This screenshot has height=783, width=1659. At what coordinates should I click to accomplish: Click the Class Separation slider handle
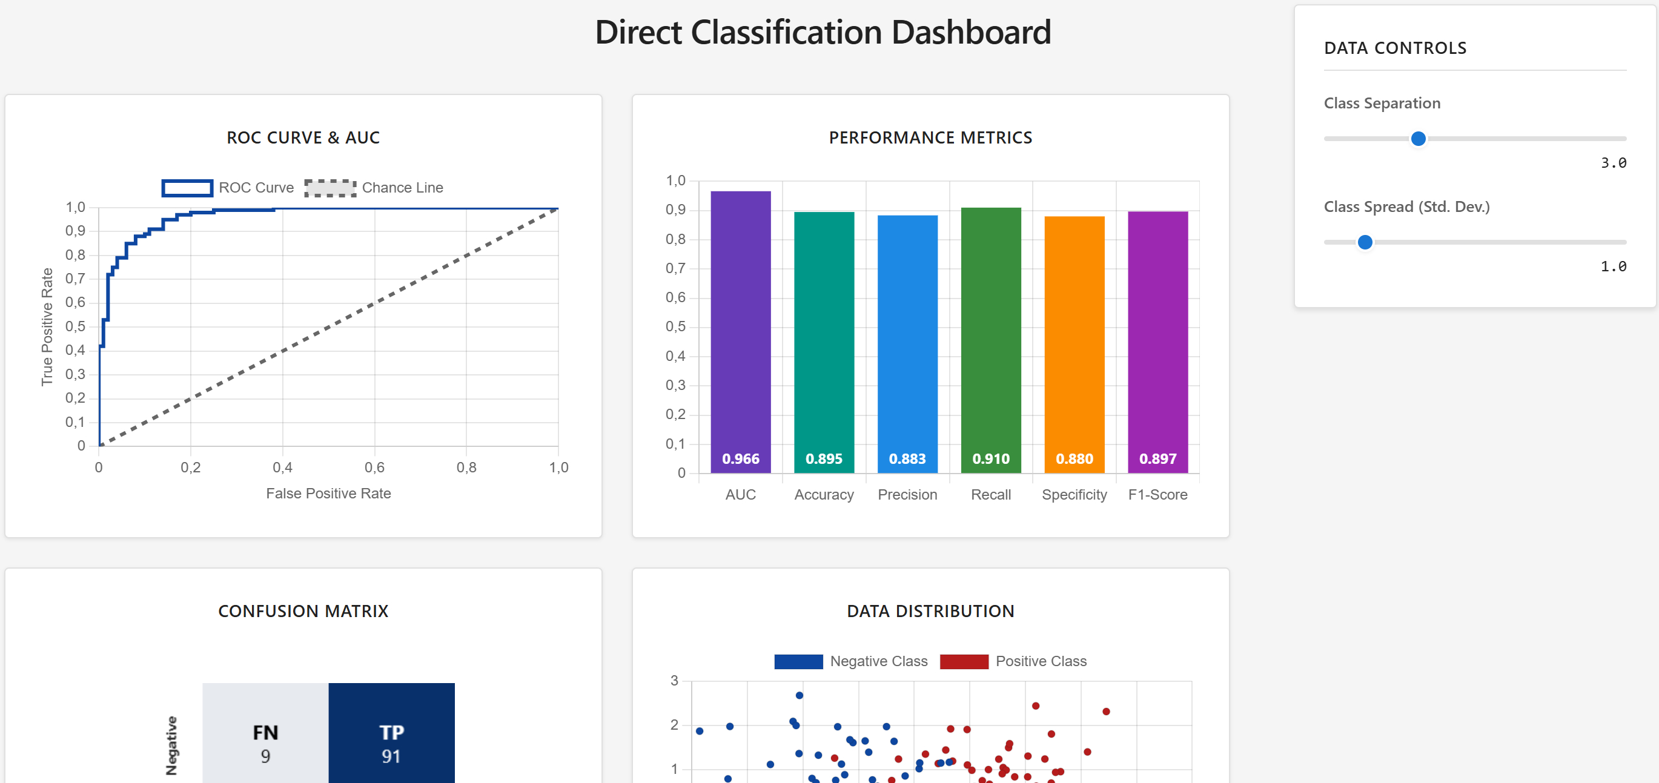pyautogui.click(x=1417, y=139)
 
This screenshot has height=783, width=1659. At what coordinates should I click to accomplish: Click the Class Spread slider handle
pyautogui.click(x=1364, y=242)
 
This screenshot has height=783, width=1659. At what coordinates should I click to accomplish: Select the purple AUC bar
pyautogui.click(x=740, y=322)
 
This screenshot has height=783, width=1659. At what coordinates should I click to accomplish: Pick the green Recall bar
pyautogui.click(x=990, y=328)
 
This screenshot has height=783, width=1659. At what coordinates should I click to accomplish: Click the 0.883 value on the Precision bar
pyautogui.click(x=907, y=458)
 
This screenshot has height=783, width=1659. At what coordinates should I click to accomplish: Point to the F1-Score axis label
pyautogui.click(x=1157, y=495)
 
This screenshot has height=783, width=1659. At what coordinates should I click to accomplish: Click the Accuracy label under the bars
pyautogui.click(x=824, y=495)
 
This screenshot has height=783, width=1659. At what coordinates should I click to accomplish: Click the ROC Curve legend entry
pyautogui.click(x=228, y=187)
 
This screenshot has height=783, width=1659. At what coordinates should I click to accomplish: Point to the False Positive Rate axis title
pyautogui.click(x=328, y=494)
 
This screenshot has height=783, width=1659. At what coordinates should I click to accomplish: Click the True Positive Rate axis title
pyautogui.click(x=47, y=326)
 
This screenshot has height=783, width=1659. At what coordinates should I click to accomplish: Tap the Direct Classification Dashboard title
pyautogui.click(x=823, y=32)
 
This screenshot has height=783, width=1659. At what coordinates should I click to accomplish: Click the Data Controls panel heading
pyautogui.click(x=1395, y=48)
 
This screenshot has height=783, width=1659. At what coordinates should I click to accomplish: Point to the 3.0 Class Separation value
pyautogui.click(x=1614, y=163)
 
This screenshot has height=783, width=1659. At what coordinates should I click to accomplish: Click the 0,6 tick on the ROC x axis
pyautogui.click(x=374, y=467)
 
